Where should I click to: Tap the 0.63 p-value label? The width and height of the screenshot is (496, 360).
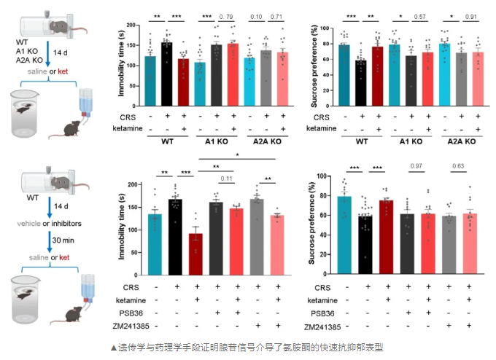coord(460,186)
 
